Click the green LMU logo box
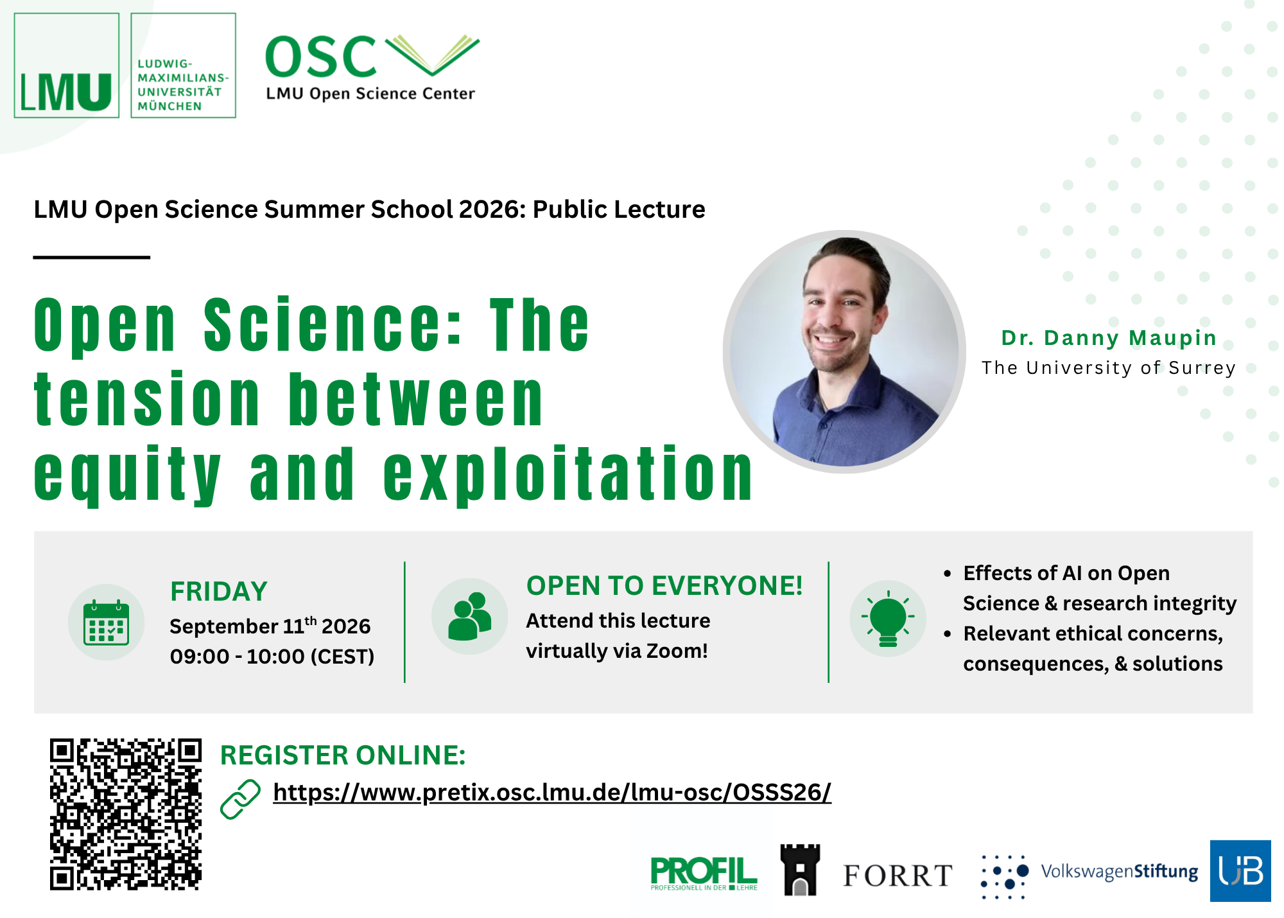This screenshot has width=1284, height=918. tap(67, 66)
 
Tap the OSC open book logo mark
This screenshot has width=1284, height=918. tap(432, 55)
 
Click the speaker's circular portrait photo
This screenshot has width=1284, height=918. tap(844, 351)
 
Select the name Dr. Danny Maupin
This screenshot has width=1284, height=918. tap(1109, 338)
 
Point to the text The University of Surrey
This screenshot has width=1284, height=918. tap(1109, 368)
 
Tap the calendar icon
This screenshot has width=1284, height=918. tap(107, 622)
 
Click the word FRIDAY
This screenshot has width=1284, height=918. tap(219, 591)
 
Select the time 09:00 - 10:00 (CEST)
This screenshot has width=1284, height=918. tap(272, 657)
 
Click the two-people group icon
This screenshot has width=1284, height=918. tap(470, 617)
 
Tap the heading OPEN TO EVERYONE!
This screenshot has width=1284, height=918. tap(664, 586)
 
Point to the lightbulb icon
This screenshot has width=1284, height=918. tap(888, 618)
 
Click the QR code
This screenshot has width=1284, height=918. tap(126, 814)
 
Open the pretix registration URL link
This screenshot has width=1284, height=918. tap(552, 793)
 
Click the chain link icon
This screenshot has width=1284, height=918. tap(240, 800)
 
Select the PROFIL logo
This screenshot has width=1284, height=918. tap(704, 874)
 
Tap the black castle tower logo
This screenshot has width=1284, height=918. tap(800, 870)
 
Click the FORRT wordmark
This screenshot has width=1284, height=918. tap(898, 876)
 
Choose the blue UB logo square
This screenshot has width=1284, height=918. tap(1240, 871)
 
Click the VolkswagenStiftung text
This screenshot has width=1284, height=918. tap(1120, 872)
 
